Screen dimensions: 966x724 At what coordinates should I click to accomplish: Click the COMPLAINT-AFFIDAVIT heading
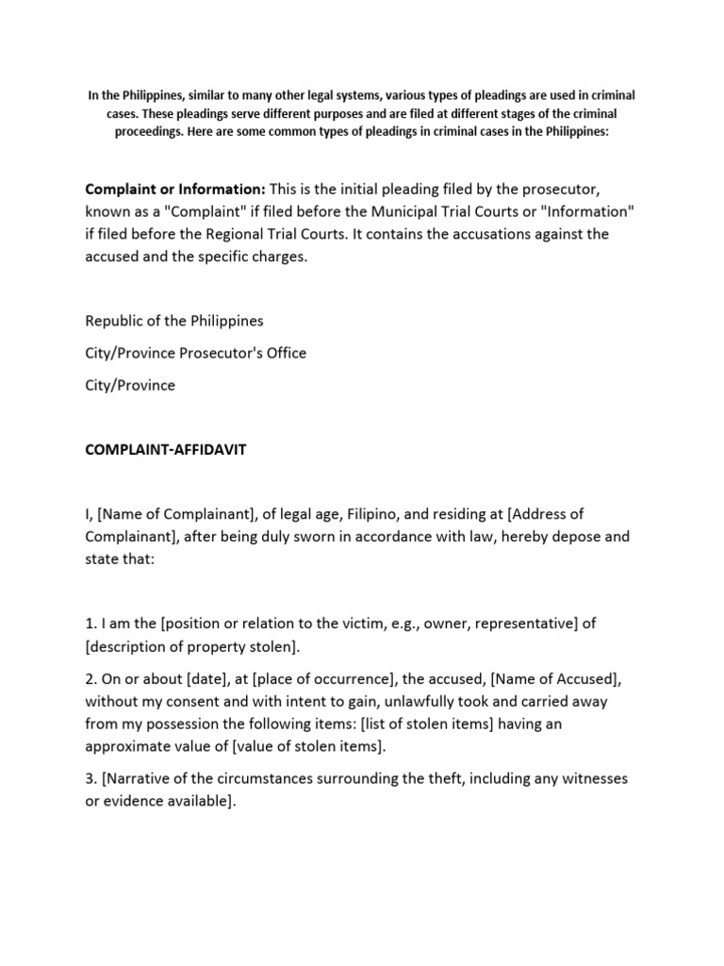tap(165, 451)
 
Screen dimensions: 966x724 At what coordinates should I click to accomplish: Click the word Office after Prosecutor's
tap(285, 353)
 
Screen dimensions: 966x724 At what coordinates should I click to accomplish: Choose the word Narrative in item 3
tap(140, 779)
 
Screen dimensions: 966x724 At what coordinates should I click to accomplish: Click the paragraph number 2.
tap(90, 679)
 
